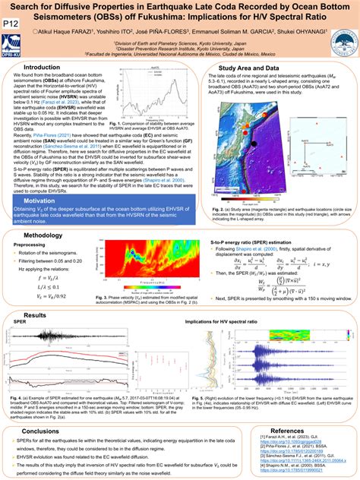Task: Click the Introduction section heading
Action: pos(48,68)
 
